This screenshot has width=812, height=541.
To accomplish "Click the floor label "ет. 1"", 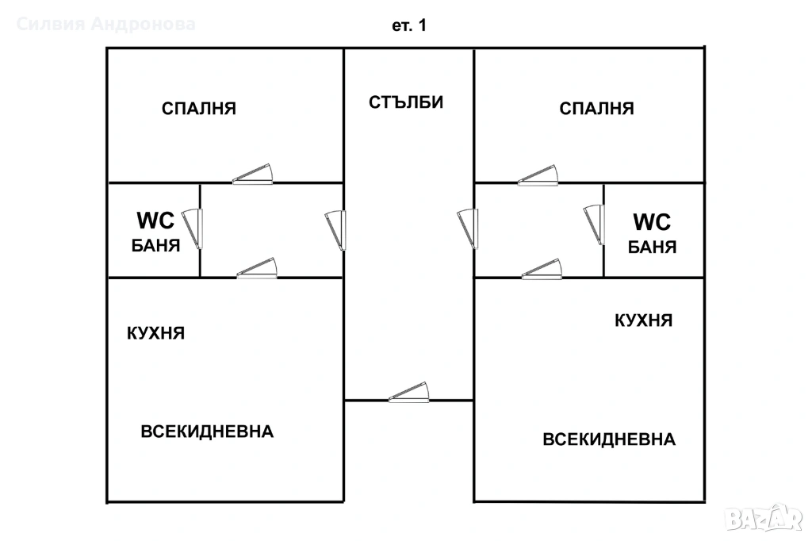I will click(x=409, y=25).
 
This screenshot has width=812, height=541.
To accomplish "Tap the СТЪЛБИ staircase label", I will click(x=406, y=102).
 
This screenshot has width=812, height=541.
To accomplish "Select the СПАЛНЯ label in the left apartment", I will click(x=199, y=109).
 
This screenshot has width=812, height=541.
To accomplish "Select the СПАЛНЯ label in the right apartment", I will click(x=597, y=109).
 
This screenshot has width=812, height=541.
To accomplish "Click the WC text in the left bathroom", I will click(x=155, y=221).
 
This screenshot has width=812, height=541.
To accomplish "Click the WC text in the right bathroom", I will click(x=652, y=221).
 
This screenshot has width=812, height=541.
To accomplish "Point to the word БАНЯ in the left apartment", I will click(x=155, y=245).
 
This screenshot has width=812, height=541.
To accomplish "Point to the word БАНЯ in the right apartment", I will click(x=652, y=247).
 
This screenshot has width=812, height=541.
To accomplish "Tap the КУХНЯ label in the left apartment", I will click(x=156, y=333).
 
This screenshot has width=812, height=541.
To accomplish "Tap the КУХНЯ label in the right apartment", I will click(x=644, y=320).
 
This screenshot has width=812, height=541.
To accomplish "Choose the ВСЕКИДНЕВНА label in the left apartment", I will click(x=208, y=432).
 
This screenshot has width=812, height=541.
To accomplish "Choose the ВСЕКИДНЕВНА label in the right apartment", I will click(x=609, y=439).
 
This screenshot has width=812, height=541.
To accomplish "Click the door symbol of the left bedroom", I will click(x=254, y=175).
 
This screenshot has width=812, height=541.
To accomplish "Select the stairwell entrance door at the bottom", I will click(x=409, y=393).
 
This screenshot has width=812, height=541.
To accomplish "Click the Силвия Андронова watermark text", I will click(x=106, y=25).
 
